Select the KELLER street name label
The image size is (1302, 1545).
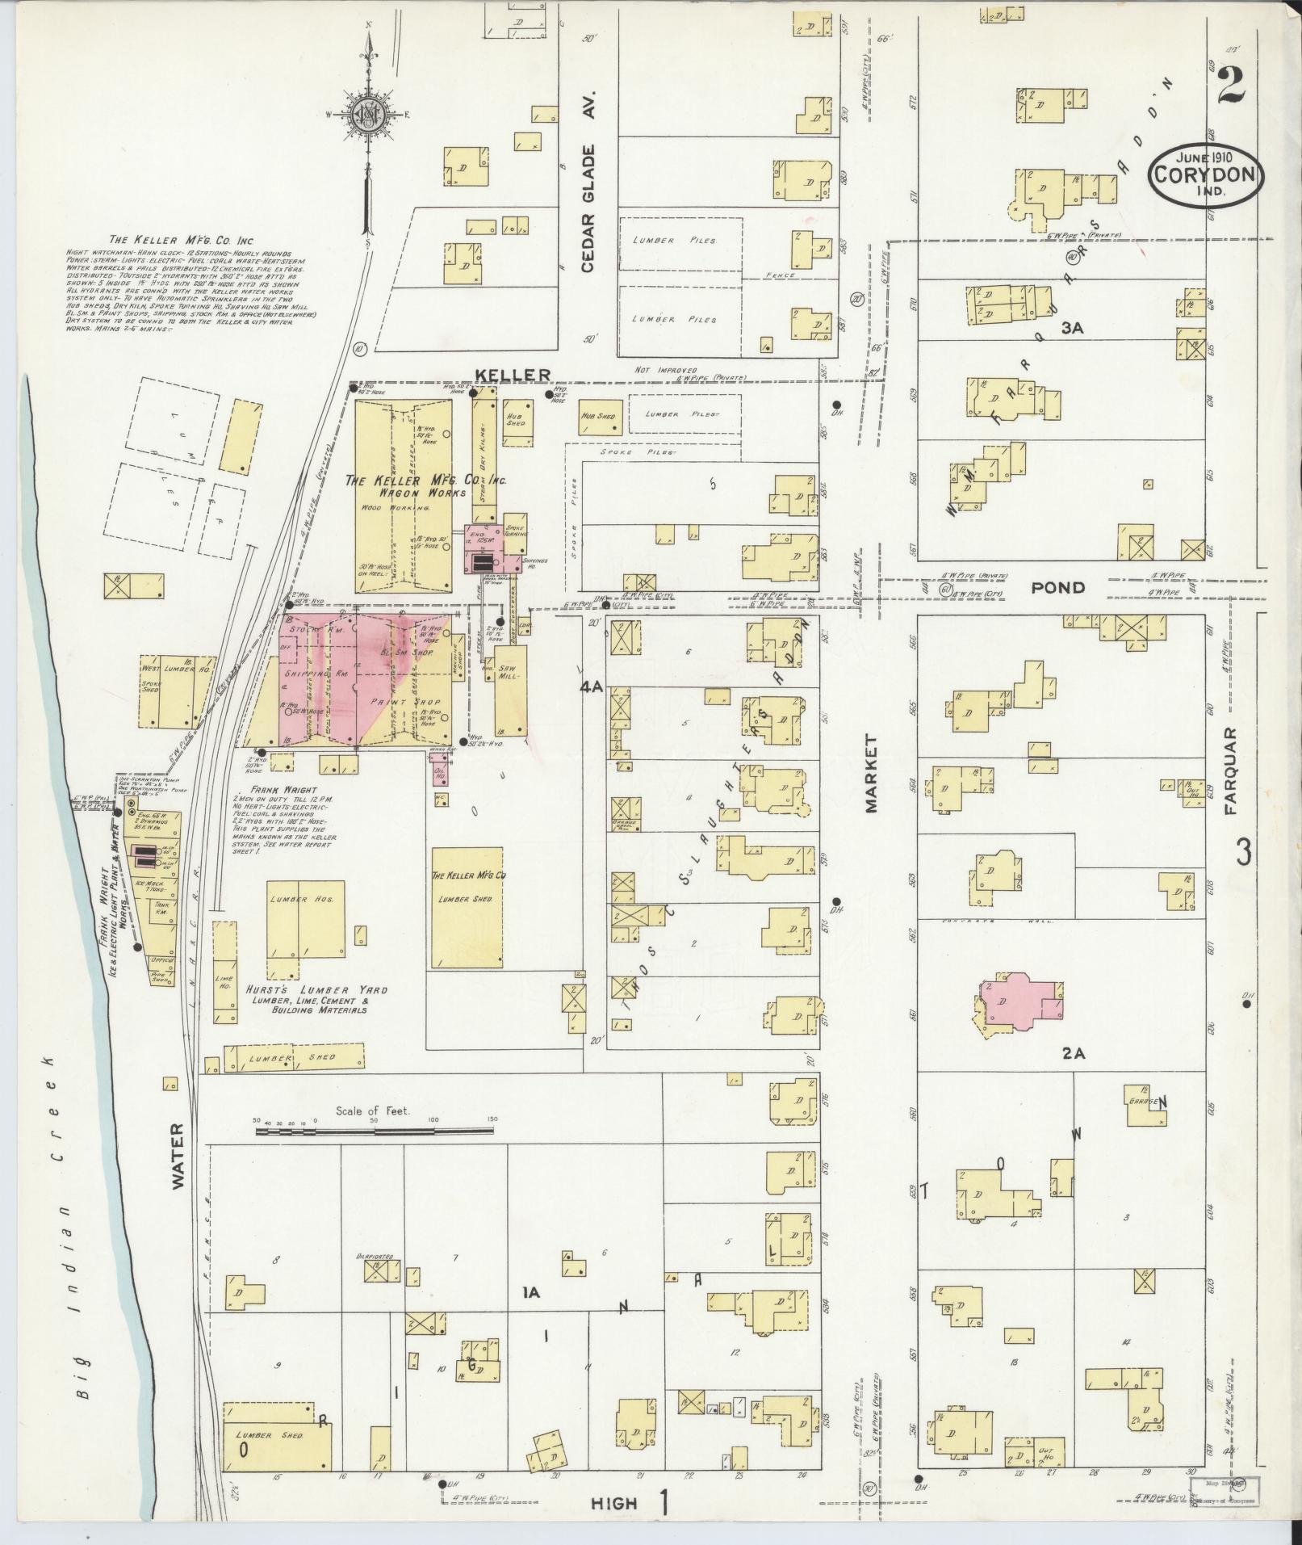[x=513, y=374]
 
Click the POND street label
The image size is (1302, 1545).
[x=1058, y=588]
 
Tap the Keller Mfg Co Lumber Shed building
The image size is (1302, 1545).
[x=467, y=906]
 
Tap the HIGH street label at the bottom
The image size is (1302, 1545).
[x=614, y=1502]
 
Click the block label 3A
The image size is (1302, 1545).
[x=1070, y=328]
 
